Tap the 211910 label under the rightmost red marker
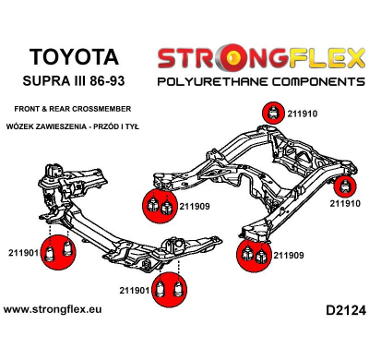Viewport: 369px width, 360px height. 345,203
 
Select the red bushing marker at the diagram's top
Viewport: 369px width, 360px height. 273,113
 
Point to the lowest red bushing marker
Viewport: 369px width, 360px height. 167,289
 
